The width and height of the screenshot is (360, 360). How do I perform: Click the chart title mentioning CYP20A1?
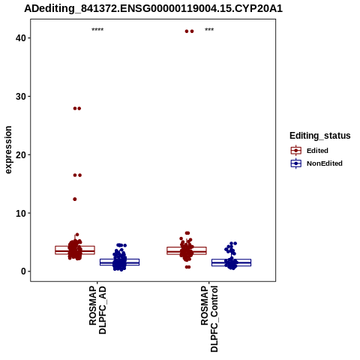pyautogui.click(x=153, y=9)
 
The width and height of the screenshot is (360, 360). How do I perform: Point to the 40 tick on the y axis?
pyautogui.click(x=21, y=38)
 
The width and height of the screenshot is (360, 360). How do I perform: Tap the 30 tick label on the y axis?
pyautogui.click(x=21, y=97)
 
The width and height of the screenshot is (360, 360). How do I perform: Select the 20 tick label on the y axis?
pyautogui.click(x=21, y=154)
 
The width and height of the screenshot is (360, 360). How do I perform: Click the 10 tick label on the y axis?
pyautogui.click(x=21, y=213)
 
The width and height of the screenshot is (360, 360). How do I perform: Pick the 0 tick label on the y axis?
pyautogui.click(x=23, y=271)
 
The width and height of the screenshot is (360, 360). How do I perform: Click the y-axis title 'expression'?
pyautogui.click(x=8, y=150)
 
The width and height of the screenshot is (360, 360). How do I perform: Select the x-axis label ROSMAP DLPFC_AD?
pyautogui.click(x=97, y=310)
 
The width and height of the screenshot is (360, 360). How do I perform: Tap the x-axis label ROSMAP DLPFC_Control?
pyautogui.click(x=209, y=319)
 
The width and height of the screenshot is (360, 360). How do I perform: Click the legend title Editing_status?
pyautogui.click(x=320, y=136)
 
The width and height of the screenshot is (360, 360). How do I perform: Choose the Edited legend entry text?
pyautogui.click(x=317, y=151)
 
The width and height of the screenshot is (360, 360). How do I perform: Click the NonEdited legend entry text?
pyautogui.click(x=325, y=163)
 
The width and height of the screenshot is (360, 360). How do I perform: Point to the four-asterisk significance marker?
pyautogui.click(x=97, y=30)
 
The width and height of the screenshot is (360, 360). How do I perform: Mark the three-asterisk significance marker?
pyautogui.click(x=209, y=30)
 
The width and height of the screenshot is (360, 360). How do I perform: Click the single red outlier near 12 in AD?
pyautogui.click(x=75, y=199)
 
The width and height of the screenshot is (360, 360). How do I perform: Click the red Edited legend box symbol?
pyautogui.click(x=296, y=151)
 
